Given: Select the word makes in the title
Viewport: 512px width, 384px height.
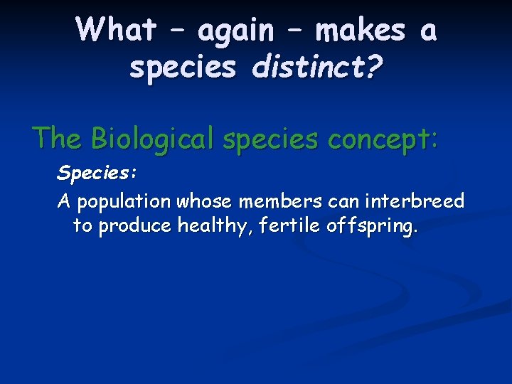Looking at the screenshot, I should [x=360, y=30].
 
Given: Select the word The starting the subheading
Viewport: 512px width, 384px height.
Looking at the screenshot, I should [x=58, y=137].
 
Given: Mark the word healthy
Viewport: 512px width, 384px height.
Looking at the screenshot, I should [x=208, y=227].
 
